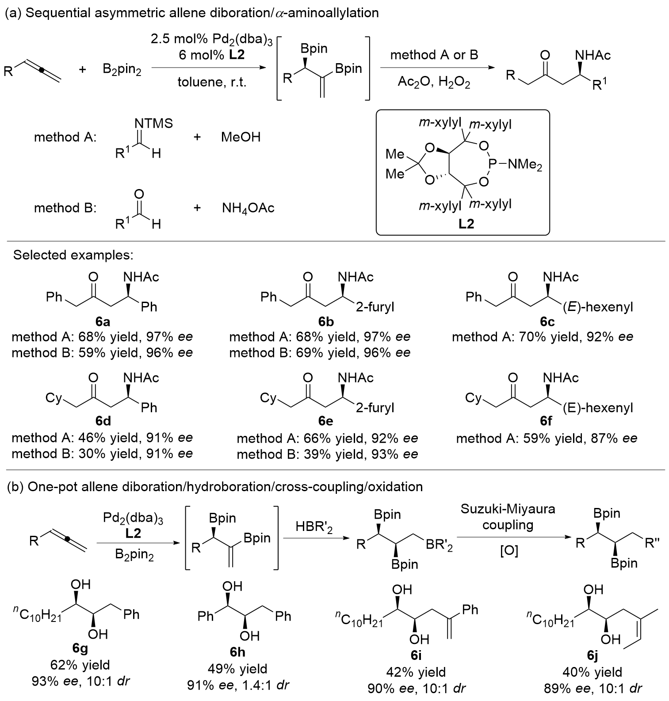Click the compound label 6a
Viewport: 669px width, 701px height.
coord(103,322)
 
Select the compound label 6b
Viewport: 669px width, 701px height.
coord(325,322)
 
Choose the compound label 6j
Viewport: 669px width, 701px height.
coord(592,656)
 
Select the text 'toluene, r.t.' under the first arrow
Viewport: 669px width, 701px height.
coord(212,82)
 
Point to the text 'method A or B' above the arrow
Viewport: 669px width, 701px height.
coord(434,55)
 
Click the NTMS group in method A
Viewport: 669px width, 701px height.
coord(154,123)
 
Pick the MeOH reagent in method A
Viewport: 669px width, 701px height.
coord(241,137)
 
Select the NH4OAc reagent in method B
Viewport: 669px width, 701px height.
coord(248,208)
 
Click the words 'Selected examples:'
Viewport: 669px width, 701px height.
coord(73,255)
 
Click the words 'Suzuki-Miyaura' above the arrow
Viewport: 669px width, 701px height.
coord(508,509)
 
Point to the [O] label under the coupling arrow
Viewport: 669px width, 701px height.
coord(508,551)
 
